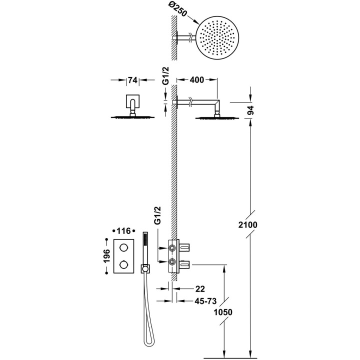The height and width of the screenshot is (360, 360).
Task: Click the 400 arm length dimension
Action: tap(197, 80)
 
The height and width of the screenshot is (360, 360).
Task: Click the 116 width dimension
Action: tap(123, 231)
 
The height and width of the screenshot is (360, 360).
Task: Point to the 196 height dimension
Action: tap(106, 255)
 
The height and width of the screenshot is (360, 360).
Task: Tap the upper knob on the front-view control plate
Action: tap(123, 247)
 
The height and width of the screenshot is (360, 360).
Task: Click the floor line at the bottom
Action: tap(235, 358)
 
